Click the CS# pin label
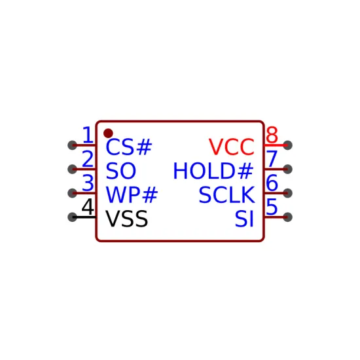128,147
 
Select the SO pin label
121,171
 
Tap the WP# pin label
132,194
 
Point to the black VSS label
126,219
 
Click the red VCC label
232,147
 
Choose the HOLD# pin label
213,171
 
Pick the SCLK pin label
226,194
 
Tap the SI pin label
244,219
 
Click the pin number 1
88,135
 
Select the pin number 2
88,159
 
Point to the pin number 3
88,183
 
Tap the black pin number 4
88,207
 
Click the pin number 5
272,207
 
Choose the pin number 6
272,183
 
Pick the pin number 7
272,159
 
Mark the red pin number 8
272,135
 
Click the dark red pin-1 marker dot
108,133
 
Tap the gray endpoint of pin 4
72,217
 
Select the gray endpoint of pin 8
288,145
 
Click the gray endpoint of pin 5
288,217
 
